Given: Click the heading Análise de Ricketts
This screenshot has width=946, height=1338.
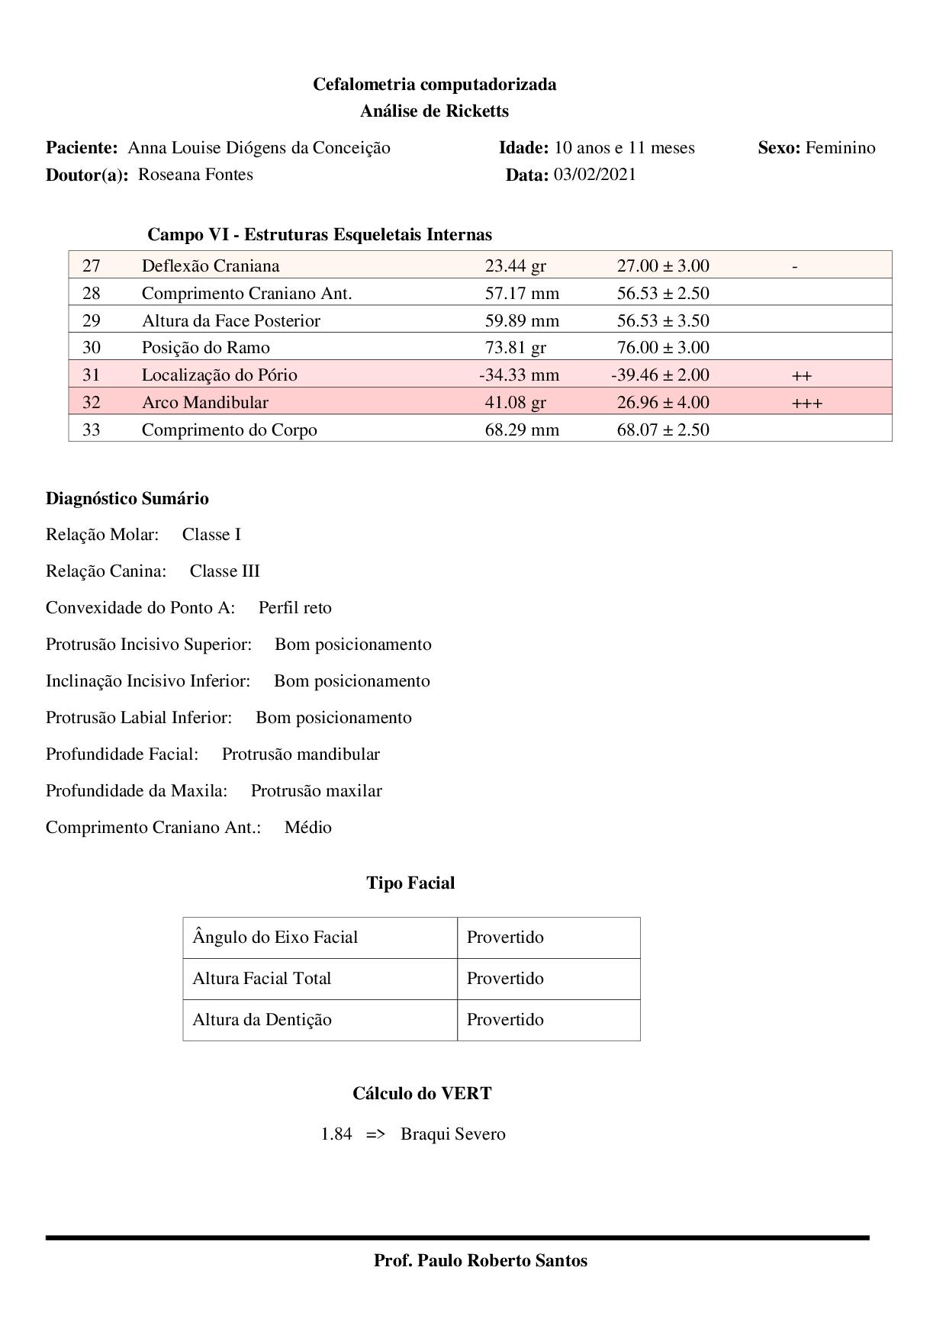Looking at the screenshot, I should [434, 111].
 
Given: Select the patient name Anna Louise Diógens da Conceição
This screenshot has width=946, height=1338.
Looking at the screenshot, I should [259, 148].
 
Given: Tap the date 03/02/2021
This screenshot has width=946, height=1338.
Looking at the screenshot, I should [594, 175].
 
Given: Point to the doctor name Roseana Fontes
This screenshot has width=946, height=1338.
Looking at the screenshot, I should [195, 175].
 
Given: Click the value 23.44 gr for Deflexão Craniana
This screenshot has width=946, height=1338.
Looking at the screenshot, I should [515, 266].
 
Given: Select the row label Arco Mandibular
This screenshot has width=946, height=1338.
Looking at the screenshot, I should [204, 402].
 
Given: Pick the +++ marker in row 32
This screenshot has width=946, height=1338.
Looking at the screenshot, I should [807, 403].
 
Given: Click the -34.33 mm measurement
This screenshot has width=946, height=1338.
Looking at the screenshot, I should [519, 375].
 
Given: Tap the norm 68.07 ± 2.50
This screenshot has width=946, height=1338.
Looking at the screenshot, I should [663, 429].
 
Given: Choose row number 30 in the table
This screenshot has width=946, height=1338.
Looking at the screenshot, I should [92, 348].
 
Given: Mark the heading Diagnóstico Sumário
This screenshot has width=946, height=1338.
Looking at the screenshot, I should [127, 499].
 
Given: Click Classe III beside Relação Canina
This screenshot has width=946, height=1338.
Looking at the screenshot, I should [225, 571].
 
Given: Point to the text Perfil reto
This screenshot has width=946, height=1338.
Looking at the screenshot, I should [295, 608].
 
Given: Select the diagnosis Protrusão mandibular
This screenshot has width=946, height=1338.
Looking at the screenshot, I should [301, 754].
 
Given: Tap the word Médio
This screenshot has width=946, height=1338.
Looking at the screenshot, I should [308, 828].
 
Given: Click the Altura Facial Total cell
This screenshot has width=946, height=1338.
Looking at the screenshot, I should [262, 979].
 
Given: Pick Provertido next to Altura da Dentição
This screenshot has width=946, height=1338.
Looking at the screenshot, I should [505, 1020].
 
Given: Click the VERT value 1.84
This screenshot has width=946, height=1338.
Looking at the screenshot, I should [336, 1134].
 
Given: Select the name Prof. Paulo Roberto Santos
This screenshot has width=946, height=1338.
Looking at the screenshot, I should [481, 1261].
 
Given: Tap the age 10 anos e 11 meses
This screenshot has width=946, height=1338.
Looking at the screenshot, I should [625, 148].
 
